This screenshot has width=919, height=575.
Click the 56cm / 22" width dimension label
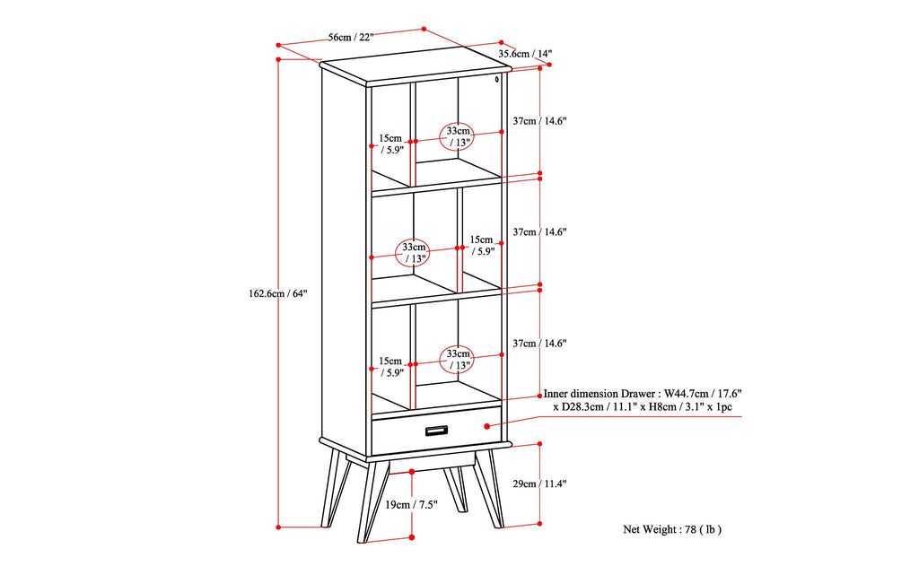click(351, 37)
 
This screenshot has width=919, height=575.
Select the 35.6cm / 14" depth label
click(525, 54)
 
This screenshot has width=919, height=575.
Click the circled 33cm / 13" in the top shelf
click(459, 136)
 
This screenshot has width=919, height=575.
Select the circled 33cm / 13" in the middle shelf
click(414, 253)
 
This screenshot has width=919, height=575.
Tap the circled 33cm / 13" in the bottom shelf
click(459, 360)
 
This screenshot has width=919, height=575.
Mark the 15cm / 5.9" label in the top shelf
click(390, 144)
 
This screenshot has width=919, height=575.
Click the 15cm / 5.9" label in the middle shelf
click(480, 246)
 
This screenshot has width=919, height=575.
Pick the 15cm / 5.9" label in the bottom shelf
click(390, 367)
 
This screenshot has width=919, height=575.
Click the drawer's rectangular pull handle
click(437, 431)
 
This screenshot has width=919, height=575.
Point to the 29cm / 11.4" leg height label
click(539, 484)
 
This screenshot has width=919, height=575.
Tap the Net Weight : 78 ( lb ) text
click(672, 529)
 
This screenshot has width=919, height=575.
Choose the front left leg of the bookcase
click(366, 502)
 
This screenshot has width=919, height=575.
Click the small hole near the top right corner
click(497, 81)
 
